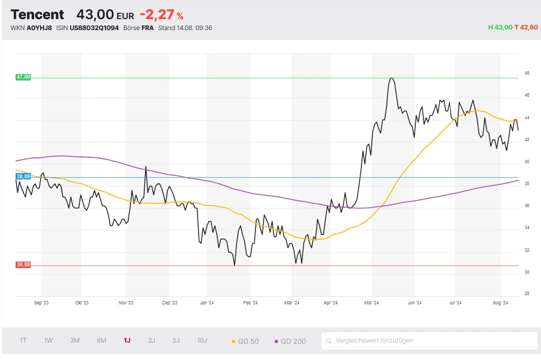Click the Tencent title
point(37,14)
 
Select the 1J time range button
point(127,340)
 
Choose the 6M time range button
point(101,340)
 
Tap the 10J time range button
point(202,340)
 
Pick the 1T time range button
point(23,340)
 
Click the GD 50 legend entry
point(245,341)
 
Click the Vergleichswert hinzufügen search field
point(429,341)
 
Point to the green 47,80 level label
point(23,77)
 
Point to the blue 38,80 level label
point(23,176)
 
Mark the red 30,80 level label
point(23,265)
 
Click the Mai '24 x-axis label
point(371,302)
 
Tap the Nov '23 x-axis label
point(126,302)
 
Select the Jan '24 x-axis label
point(207,302)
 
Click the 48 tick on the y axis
point(527,74)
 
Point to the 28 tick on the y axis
point(527,293)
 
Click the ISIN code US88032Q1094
point(94,27)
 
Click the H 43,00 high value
point(500,27)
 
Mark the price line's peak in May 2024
point(392,78)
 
